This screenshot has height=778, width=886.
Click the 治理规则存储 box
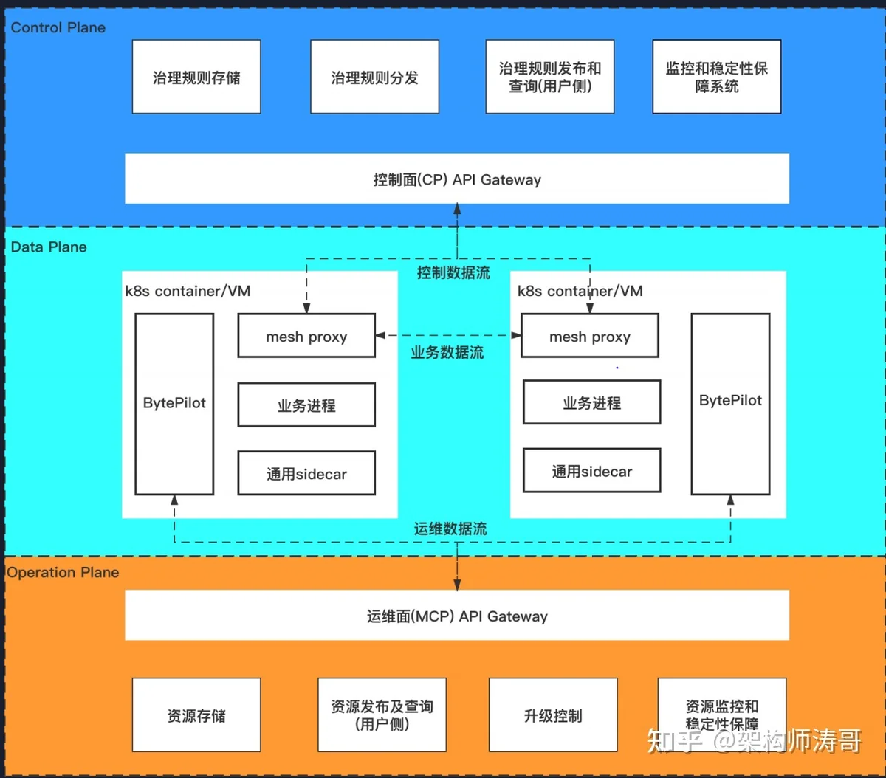tap(196, 77)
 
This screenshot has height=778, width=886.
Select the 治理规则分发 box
tap(375, 77)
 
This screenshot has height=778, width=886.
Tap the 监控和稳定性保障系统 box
tap(717, 77)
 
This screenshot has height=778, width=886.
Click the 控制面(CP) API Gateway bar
tap(457, 179)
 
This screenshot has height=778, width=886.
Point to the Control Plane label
tap(58, 27)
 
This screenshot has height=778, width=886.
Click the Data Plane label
tap(49, 247)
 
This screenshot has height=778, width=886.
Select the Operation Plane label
tap(63, 573)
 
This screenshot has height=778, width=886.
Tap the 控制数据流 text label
tap(453, 273)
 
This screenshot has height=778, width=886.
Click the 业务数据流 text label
tap(447, 353)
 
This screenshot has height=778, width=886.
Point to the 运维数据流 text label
tap(450, 529)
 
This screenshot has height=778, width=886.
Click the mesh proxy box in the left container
tap(306, 335)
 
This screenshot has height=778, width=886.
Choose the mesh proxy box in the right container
tap(590, 335)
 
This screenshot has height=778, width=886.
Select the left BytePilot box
tap(174, 404)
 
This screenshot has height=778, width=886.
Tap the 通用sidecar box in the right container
tap(592, 470)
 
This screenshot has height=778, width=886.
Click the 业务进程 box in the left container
tap(306, 405)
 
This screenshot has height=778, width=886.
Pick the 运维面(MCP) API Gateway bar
tap(457, 616)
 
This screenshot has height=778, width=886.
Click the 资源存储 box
tap(196, 715)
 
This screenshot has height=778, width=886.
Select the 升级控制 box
tap(553, 715)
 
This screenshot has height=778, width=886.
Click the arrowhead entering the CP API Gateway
tap(457, 208)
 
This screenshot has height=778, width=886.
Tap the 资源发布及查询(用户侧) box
tap(382, 715)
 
